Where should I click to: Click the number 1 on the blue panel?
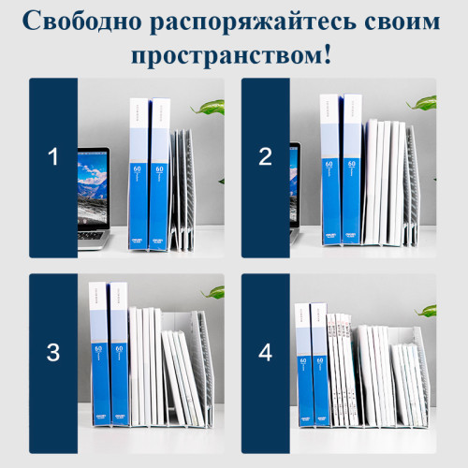(x=52, y=157)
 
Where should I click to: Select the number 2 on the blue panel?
(x=265, y=157)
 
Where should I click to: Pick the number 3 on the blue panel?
(x=52, y=353)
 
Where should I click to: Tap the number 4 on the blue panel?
(x=265, y=353)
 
